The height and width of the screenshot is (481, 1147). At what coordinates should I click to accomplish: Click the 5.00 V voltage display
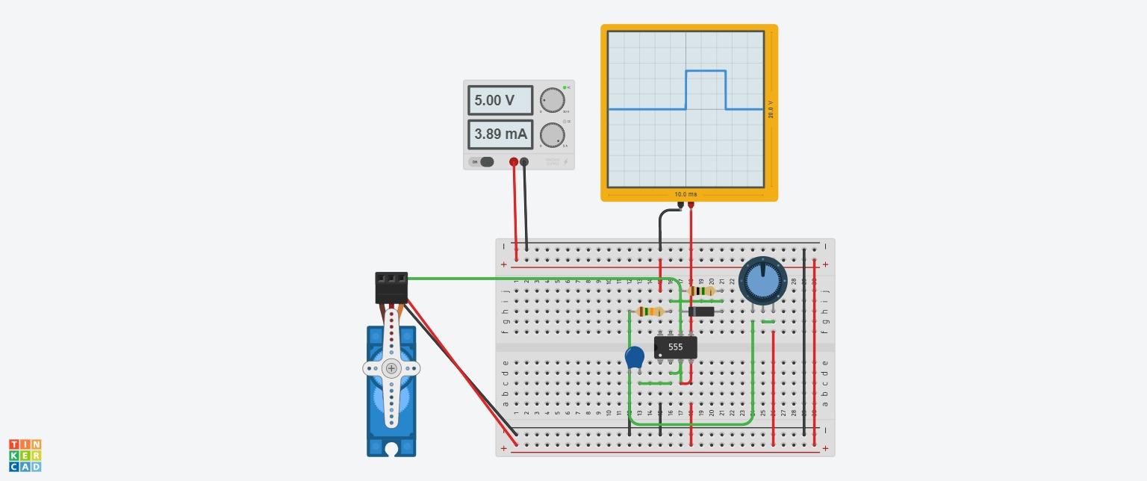[x=500, y=100]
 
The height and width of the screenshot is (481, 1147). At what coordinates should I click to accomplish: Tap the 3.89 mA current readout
[x=500, y=134]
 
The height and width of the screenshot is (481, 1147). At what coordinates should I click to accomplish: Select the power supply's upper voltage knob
[x=552, y=100]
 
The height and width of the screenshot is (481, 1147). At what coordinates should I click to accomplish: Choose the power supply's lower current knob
[x=552, y=135]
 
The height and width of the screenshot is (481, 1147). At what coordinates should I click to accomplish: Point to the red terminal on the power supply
[x=514, y=162]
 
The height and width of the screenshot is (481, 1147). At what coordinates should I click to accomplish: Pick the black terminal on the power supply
[x=524, y=162]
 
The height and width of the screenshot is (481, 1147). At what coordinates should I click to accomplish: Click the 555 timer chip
[x=676, y=347]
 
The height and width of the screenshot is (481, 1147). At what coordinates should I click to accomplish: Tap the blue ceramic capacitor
[x=635, y=357]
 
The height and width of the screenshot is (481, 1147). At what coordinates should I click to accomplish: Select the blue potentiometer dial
[x=762, y=281]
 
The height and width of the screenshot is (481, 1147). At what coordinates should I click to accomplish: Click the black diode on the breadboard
[x=701, y=311]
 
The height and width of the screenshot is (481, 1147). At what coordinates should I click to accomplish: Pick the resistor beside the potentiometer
[x=701, y=291]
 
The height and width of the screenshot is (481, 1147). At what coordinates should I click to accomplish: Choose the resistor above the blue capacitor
[x=651, y=311]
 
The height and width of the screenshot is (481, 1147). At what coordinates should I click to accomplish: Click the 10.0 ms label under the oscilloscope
[x=686, y=194]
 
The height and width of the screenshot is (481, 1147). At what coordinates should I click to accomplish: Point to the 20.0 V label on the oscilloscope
[x=771, y=109]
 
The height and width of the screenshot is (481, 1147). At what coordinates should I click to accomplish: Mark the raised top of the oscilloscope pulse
[x=706, y=71]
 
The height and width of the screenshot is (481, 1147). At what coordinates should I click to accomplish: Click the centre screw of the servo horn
[x=391, y=368]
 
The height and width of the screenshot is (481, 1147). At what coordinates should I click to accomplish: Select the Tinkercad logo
[x=25, y=456]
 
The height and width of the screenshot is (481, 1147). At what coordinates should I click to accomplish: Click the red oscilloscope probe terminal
[x=691, y=205]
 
